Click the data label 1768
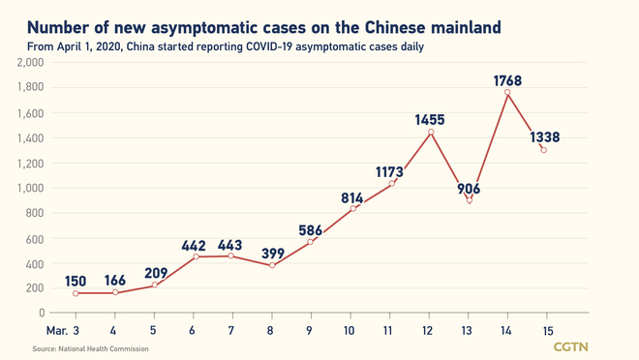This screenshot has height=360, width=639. coord(507,81)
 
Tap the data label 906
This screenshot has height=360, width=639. coord(470,189)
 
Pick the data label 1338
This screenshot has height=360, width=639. coord(545,138)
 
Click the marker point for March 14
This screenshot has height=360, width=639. coord(507,93)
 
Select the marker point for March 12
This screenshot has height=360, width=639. coord(430,131)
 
